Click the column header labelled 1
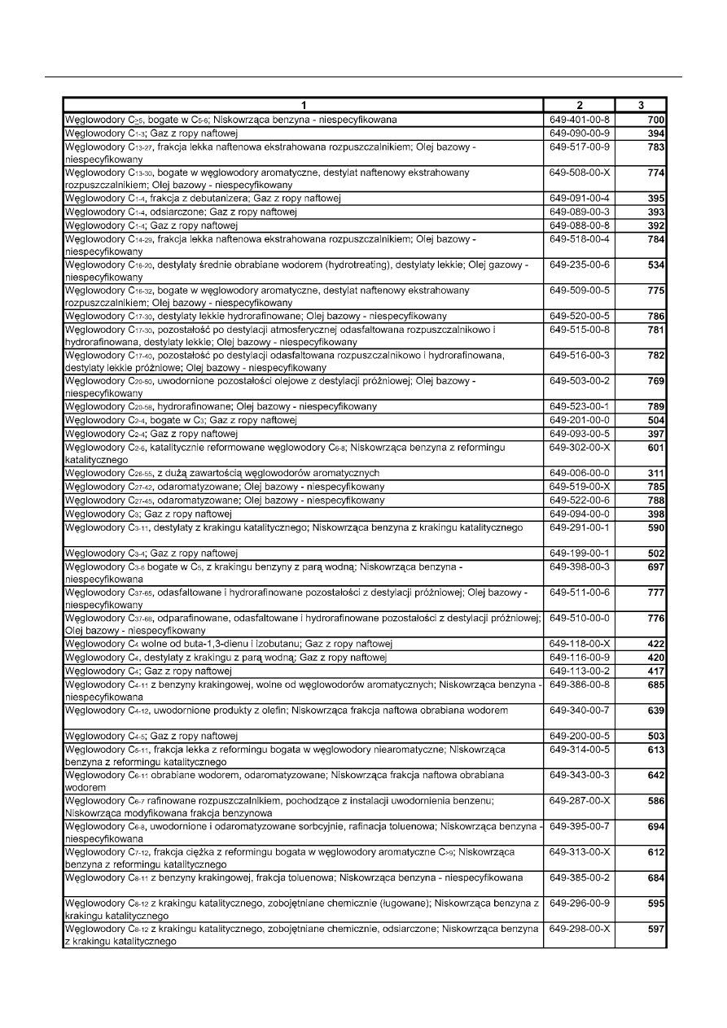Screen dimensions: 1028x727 [x=303, y=105]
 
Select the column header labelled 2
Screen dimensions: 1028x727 [x=579, y=105]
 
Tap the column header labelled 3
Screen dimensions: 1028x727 [x=641, y=105]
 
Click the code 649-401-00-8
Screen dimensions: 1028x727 [x=580, y=120]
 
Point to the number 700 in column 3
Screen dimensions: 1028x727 [x=656, y=120]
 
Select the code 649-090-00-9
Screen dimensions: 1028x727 [x=580, y=133]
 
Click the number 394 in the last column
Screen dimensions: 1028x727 [x=656, y=133]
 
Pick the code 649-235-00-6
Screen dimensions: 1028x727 [x=580, y=265]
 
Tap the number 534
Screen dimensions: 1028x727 [x=656, y=265]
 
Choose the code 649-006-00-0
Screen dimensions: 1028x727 [x=580, y=473]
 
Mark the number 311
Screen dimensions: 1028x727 [x=656, y=473]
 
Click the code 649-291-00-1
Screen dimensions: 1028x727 [x=580, y=528]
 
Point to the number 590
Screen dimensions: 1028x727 [x=656, y=528]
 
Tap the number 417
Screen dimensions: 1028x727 [x=656, y=671]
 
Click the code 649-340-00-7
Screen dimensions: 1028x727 [x=580, y=711]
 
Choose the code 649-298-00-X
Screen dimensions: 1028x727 [x=580, y=929]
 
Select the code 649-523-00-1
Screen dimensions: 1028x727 [x=580, y=406]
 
